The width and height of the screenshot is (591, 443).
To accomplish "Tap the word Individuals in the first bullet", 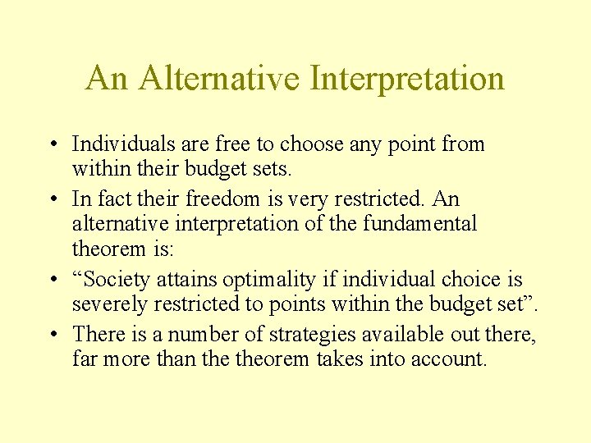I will click(x=121, y=144).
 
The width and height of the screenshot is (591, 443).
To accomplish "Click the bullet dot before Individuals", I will click(x=51, y=145).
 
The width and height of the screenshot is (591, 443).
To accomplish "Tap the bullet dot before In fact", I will click(x=51, y=199).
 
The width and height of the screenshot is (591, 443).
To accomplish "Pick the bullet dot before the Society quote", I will click(x=51, y=280).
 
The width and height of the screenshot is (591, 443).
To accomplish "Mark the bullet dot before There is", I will click(x=51, y=334).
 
